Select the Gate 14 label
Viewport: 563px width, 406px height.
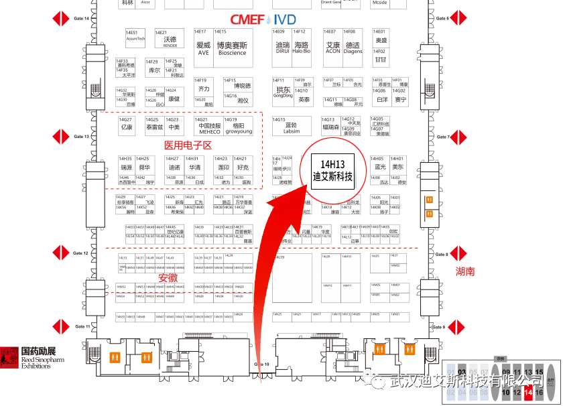(x=81, y=18)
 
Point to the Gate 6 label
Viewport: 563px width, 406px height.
(x=442, y=18)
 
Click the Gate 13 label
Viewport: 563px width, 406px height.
(x=81, y=137)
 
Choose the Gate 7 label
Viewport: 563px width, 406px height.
(x=443, y=137)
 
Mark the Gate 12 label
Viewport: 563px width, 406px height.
(x=81, y=253)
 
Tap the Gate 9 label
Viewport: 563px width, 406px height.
(x=439, y=327)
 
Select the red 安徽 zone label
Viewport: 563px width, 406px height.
(x=168, y=278)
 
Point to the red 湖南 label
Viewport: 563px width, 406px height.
(x=465, y=271)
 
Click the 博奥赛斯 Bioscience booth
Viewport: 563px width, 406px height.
(x=232, y=47)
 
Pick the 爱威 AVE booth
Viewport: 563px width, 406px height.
(x=203, y=47)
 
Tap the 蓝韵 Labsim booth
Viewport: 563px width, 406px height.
(x=292, y=127)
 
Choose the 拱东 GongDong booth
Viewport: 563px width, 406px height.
(x=284, y=91)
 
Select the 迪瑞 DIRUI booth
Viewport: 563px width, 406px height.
(x=282, y=47)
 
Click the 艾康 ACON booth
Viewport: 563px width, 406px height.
(x=332, y=47)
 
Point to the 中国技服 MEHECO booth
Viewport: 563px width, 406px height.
(x=210, y=127)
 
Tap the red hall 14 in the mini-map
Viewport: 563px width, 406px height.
(x=529, y=393)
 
